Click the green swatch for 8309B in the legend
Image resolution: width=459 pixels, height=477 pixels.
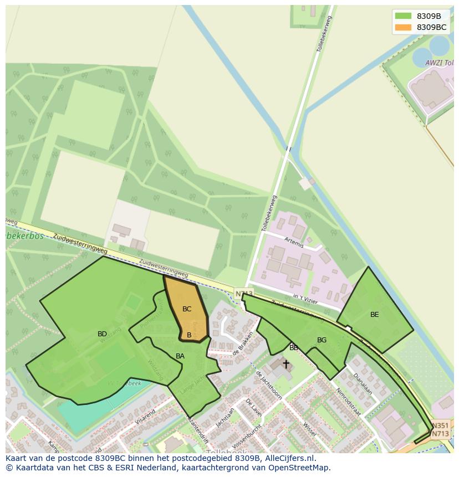pos(403,16)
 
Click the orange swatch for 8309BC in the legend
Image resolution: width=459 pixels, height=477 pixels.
pos(403,27)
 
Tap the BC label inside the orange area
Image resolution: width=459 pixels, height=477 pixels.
pos(187,309)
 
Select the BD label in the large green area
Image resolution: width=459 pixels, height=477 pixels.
pos(102,334)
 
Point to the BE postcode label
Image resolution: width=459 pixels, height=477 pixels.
pos(375,315)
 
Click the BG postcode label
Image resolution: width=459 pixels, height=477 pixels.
pos(322,340)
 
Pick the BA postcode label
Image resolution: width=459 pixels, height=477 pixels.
pos(180,356)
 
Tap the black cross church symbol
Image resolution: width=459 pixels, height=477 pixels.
pos(286,364)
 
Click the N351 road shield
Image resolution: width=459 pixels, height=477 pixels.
pos(440,425)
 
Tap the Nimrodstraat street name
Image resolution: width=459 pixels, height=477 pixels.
pos(348,402)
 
